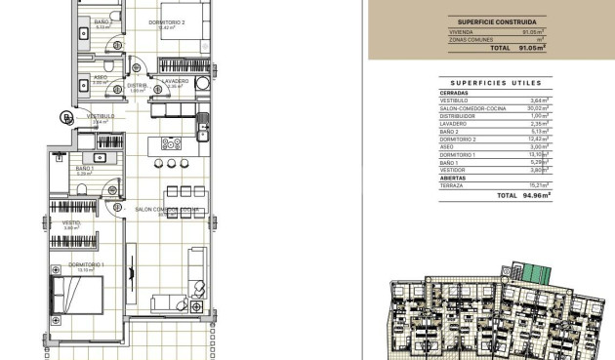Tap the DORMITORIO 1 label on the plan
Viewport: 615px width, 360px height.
click(87, 264)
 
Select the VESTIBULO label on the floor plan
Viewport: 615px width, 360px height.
click(101, 115)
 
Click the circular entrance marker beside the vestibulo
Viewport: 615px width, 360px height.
click(66, 119)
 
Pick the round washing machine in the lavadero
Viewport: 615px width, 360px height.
click(202, 84)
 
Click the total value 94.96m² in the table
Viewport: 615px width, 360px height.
click(537, 195)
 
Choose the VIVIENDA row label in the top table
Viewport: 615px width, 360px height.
click(460, 32)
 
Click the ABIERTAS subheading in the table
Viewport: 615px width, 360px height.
click(452, 177)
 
